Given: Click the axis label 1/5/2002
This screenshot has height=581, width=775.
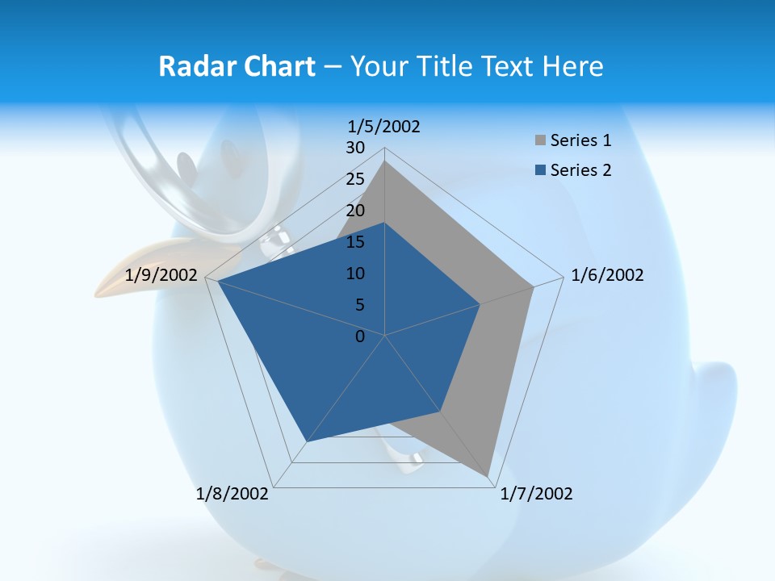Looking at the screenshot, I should [384, 126].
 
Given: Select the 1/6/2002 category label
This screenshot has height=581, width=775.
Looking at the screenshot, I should [607, 275].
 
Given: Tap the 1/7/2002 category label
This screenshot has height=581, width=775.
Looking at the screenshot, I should [536, 494].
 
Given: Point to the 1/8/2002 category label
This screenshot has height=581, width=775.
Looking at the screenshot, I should [232, 494].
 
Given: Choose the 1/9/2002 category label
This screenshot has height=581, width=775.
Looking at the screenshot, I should [161, 275].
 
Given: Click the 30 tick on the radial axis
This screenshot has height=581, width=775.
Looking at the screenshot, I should [355, 148].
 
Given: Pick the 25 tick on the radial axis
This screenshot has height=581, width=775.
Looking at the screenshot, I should [355, 179].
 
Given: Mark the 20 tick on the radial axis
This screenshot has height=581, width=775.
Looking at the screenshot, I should [355, 211].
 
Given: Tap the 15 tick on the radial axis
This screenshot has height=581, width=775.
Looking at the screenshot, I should [355, 242].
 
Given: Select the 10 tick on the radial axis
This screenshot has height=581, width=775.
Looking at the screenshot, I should [355, 274].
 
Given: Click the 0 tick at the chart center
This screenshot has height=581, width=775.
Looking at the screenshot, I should [360, 336].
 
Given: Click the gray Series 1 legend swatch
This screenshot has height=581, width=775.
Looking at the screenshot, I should [540, 141].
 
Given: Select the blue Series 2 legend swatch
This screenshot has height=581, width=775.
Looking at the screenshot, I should [540, 170].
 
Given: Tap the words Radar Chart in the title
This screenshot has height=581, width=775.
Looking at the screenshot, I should [237, 66].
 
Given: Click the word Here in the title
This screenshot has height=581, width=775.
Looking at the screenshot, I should [573, 66].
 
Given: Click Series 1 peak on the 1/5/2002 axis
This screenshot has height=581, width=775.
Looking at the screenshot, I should [385, 161].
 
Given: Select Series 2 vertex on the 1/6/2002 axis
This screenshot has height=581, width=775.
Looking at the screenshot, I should [480, 304].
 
